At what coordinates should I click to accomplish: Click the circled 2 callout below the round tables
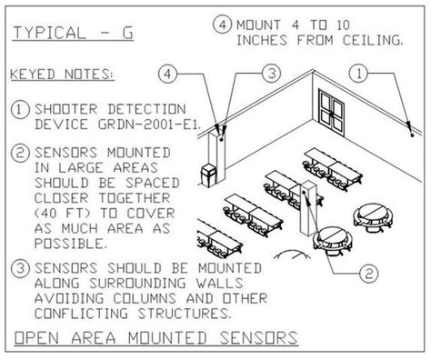pyautogui.click(x=366, y=272)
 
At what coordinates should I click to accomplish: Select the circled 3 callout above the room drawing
pyautogui.click(x=270, y=71)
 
